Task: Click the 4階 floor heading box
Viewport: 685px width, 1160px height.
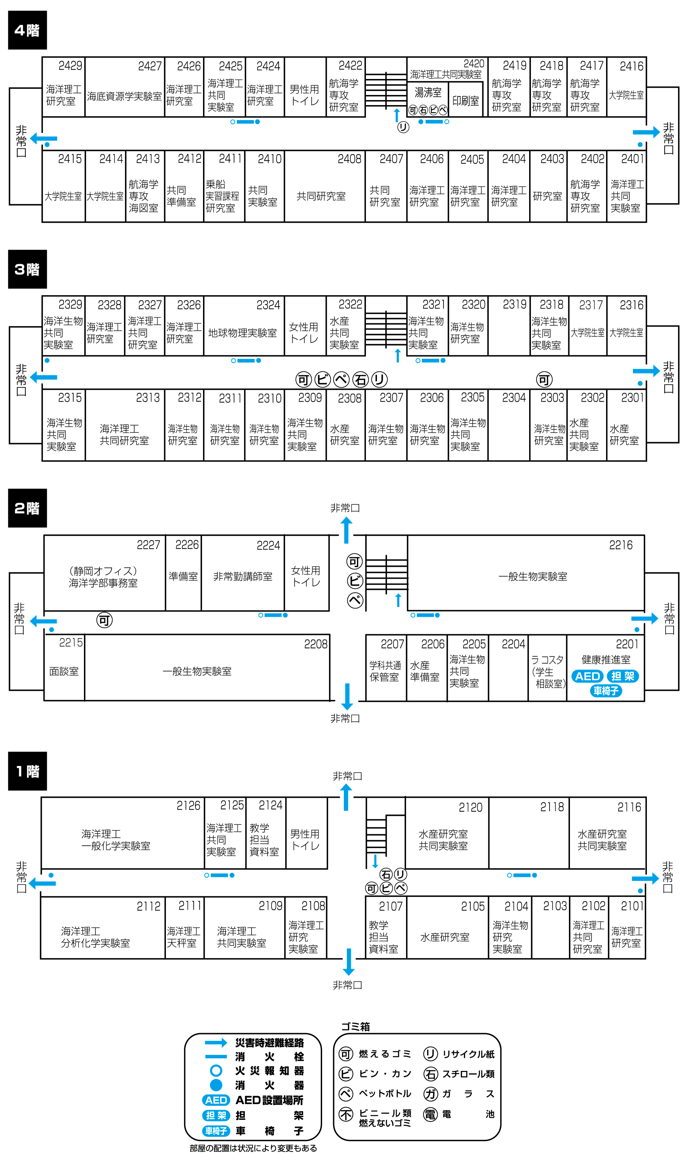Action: point(27,30)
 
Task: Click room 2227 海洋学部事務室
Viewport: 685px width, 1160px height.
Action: point(104,573)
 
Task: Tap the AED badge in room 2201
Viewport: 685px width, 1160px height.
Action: point(587,676)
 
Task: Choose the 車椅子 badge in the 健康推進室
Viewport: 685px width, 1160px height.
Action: point(606,691)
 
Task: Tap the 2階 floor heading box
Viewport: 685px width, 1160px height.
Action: point(27,508)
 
